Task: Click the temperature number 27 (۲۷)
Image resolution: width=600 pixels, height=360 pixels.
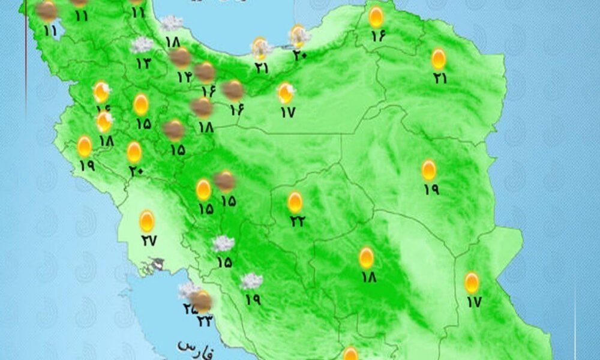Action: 148,241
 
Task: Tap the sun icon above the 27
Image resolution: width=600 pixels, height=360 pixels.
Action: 147,221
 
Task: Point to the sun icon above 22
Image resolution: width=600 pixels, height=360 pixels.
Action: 295,202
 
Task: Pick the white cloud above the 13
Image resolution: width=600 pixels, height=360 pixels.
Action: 143,44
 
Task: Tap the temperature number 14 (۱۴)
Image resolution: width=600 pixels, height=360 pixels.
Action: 184,77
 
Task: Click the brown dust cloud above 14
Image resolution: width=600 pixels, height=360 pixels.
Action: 180,58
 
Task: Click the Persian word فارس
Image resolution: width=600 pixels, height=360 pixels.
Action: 196,347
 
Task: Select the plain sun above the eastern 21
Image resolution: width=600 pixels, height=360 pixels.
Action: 439,58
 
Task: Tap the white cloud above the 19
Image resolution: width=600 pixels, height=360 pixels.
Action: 251,280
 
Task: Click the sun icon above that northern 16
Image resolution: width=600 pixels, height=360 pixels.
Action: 376,16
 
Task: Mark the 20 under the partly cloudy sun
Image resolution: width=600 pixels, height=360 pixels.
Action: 300,55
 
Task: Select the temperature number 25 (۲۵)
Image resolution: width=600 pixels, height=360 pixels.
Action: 190,309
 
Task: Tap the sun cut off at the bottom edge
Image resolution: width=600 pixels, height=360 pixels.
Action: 350,354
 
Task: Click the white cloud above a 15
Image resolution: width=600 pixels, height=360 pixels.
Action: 223,244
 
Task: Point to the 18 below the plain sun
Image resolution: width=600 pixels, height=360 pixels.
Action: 368,277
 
